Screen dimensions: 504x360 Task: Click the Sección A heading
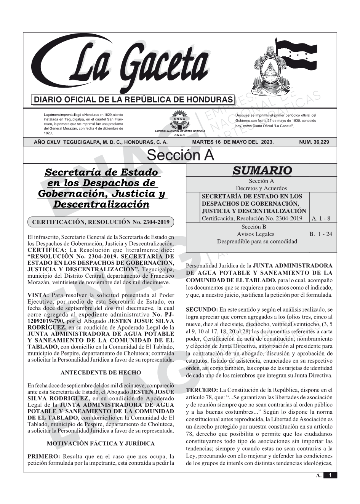point(180,155)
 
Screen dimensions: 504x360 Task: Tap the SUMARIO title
point(262,170)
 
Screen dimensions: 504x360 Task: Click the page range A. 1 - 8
point(321,219)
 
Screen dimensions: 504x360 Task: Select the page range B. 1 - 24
point(320,234)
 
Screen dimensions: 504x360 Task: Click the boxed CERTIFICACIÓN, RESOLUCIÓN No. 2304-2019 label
point(101,222)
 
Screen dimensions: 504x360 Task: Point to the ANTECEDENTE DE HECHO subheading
point(101,373)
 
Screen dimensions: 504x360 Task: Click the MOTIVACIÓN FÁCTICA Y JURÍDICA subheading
point(101,444)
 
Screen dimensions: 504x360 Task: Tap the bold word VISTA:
point(38,295)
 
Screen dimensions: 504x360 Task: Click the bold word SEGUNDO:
point(202,310)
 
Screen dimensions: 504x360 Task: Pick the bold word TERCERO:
point(202,390)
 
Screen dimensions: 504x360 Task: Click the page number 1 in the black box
point(330,475)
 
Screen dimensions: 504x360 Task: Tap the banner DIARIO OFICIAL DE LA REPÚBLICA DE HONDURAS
point(133,100)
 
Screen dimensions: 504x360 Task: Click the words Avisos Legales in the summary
point(255,234)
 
